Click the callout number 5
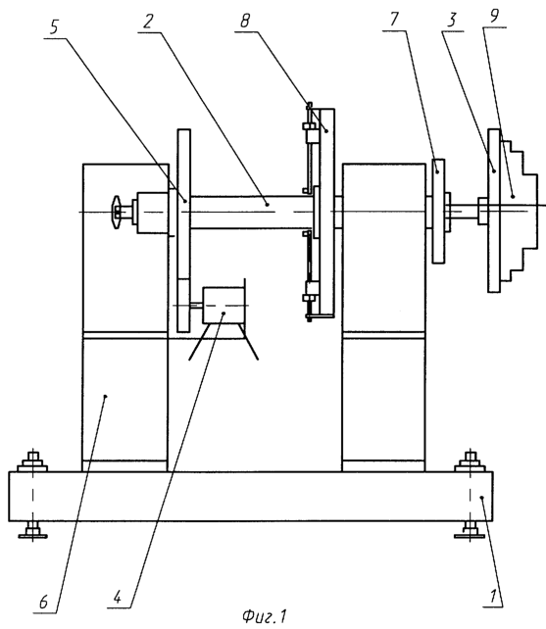[x=54, y=27]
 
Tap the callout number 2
[x=148, y=22]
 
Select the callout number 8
[x=245, y=21]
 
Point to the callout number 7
[x=395, y=20]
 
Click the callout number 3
[x=453, y=20]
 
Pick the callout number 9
[x=494, y=16]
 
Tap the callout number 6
[x=43, y=602]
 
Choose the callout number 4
[x=117, y=598]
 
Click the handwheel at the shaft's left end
[x=117, y=212]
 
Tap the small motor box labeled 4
[x=223, y=306]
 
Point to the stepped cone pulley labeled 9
[x=518, y=211]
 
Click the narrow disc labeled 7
[x=438, y=211]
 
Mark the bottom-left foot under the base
[x=32, y=529]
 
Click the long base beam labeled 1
[x=251, y=497]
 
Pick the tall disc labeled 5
[x=183, y=230]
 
